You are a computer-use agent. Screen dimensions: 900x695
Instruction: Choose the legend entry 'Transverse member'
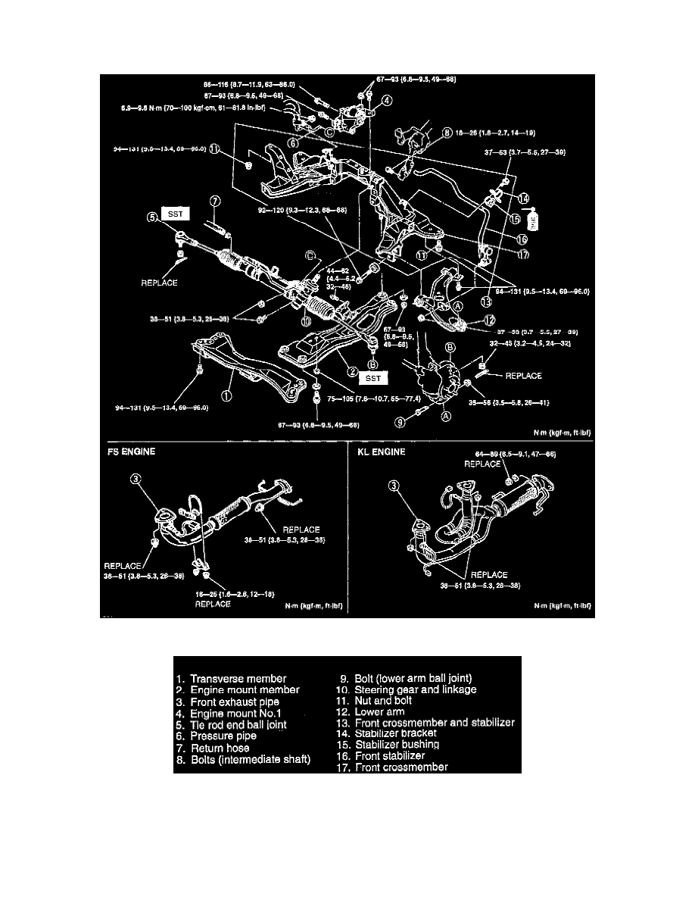tap(239, 678)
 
